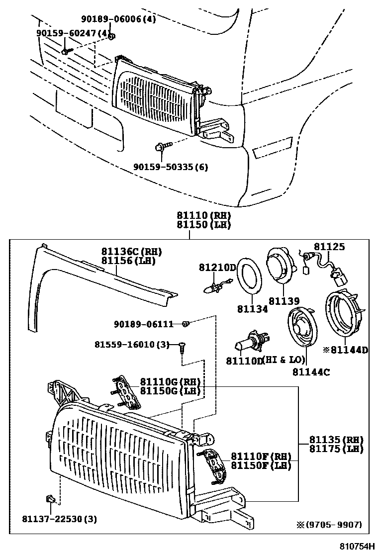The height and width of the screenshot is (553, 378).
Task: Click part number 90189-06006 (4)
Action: coord(118,19)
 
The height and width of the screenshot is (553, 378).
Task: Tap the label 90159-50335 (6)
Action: coord(171,167)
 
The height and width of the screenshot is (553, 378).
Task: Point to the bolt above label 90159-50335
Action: coord(162,146)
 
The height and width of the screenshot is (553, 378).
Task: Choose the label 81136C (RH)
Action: coord(132,252)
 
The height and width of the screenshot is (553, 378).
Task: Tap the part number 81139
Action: coord(284,301)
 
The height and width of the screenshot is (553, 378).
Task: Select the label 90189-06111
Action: coord(143,324)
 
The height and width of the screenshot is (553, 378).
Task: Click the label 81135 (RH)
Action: coord(336,440)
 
